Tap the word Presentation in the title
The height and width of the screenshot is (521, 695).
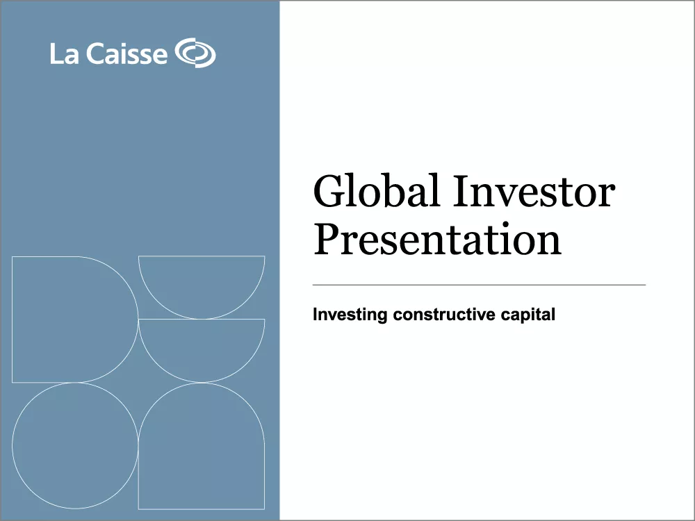point(437,238)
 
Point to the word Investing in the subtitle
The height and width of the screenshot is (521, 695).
point(350,315)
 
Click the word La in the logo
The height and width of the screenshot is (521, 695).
point(64,54)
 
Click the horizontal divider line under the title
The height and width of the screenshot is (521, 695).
point(479,285)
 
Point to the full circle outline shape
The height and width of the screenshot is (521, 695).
point(75,445)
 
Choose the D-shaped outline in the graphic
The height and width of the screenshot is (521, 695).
point(69,319)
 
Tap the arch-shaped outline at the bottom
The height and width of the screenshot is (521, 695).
point(202,452)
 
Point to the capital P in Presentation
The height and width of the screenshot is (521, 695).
point(327,238)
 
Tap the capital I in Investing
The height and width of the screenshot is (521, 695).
point(316,315)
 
